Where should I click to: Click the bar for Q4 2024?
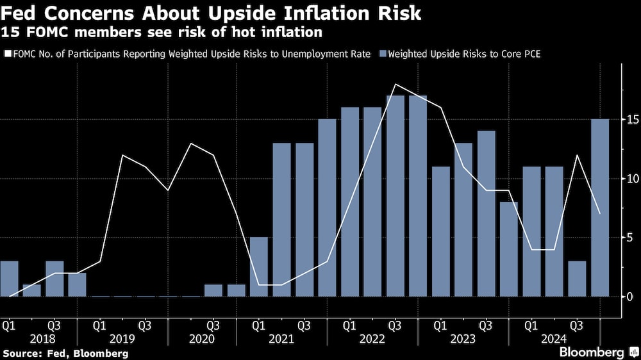pyautogui.click(x=600, y=208)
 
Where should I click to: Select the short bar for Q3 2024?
pyautogui.click(x=577, y=279)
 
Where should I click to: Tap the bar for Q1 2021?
pyautogui.click(x=259, y=266)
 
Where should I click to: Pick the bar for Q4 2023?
pyautogui.click(x=509, y=249)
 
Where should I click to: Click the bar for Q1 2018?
pyautogui.click(x=9, y=279)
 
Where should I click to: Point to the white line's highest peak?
pyautogui.click(x=396, y=85)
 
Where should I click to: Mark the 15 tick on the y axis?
pyautogui.click(x=631, y=120)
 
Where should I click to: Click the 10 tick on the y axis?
pyautogui.click(x=631, y=179)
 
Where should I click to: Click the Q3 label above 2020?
pyautogui.click(x=213, y=324)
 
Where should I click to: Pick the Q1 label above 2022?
pyautogui.click(x=350, y=324)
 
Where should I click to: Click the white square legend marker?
pyautogui.click(x=8, y=54)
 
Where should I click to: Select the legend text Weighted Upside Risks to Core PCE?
pyautogui.click(x=465, y=54)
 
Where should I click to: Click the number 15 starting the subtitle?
pyautogui.click(x=10, y=32)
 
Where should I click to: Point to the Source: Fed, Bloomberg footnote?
pyautogui.click(x=65, y=353)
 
